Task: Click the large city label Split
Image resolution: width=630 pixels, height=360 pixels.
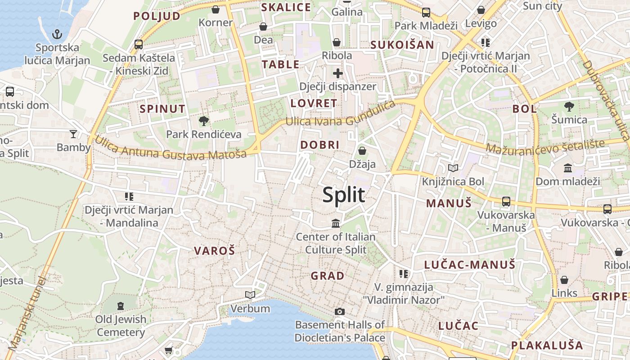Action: (344, 195)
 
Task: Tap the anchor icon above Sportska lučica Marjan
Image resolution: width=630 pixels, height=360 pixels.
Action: (57, 34)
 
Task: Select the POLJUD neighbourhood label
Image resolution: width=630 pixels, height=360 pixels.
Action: (157, 16)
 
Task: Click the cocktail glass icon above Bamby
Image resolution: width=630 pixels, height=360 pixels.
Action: (73, 134)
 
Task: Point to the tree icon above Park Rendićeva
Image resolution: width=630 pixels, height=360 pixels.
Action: (203, 121)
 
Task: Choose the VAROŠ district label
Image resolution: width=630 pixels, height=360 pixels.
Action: (215, 251)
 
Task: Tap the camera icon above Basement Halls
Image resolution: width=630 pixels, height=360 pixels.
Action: (340, 311)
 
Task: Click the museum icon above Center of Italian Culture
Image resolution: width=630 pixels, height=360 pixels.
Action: (336, 223)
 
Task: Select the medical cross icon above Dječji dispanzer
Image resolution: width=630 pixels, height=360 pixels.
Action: (338, 73)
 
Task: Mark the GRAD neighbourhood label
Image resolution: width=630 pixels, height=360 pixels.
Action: (328, 276)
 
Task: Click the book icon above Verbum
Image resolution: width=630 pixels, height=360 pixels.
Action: (250, 295)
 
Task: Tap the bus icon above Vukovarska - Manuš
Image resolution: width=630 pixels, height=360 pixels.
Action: (506, 201)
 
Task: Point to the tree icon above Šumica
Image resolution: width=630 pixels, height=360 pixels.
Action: (569, 107)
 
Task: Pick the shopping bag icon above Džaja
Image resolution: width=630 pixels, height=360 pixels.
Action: (362, 151)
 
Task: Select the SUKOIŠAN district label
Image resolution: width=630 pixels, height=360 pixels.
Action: (402, 45)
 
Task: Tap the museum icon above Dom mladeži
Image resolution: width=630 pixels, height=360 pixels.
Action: (568, 168)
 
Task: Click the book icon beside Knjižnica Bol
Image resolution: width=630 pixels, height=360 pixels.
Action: (453, 168)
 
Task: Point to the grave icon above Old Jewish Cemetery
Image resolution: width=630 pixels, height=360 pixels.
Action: (121, 306)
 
